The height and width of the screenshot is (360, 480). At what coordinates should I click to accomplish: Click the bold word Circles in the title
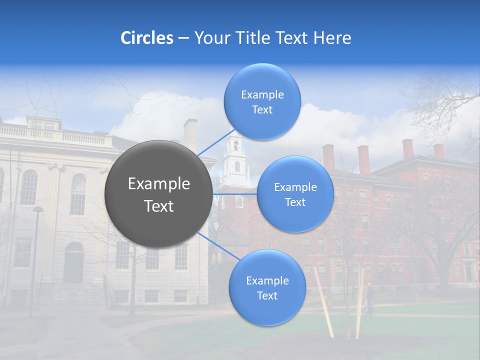146,38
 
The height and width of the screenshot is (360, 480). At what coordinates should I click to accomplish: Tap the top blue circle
262,101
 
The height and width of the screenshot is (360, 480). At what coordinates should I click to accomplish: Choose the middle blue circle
295,194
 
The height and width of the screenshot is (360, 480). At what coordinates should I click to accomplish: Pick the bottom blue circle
267,287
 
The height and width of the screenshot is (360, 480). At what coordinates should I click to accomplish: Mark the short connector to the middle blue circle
235,194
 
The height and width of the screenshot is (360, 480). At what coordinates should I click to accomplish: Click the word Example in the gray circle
159,184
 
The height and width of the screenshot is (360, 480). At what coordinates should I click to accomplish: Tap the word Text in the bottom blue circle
267,295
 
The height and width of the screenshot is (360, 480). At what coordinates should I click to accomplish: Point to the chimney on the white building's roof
190,134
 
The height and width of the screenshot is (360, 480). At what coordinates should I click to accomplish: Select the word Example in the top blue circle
262,94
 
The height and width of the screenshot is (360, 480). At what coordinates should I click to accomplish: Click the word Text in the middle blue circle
295,202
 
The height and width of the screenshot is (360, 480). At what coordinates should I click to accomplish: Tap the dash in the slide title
183,38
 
